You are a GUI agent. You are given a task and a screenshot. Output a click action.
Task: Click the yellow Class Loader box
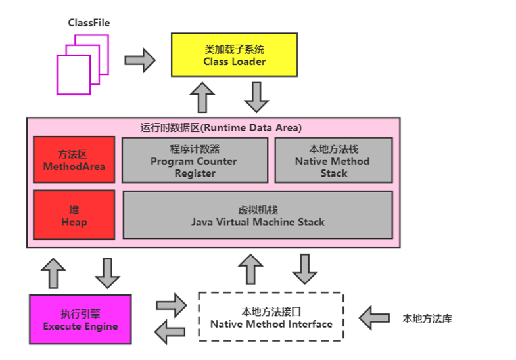pos(235,56)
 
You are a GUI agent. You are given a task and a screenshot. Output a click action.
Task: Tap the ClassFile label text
pos(89,23)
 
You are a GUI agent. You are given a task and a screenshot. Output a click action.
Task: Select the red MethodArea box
pos(74,160)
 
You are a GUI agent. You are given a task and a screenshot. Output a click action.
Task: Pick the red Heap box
pos(74,215)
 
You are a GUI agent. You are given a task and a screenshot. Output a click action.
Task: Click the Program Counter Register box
pos(195,160)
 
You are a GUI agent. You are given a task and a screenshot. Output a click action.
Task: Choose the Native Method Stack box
pos(333,160)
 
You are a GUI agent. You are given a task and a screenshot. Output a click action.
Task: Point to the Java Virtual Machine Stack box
pos(258,215)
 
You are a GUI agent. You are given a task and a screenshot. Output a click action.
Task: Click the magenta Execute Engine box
pos(80,319)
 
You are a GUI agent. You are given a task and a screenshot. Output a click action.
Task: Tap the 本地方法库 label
pos(427,319)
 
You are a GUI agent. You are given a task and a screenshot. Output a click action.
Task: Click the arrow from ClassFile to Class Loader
pos(139,61)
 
